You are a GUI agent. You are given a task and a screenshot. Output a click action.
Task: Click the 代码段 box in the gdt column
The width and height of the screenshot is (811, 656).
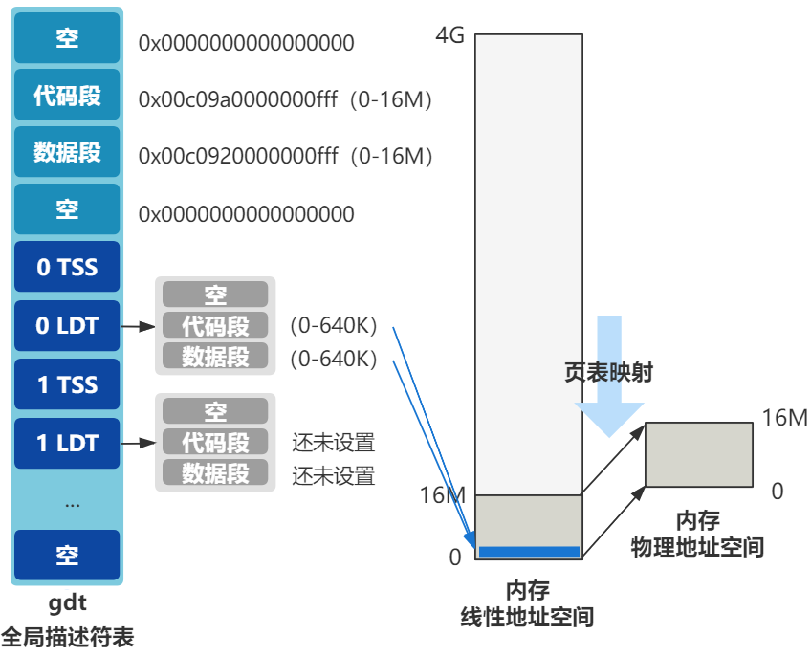pyautogui.click(x=67, y=96)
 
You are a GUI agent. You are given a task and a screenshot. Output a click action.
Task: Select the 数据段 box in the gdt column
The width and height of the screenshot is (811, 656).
pyautogui.click(x=67, y=152)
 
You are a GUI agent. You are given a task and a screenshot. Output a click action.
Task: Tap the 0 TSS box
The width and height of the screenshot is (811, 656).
pyautogui.click(x=67, y=268)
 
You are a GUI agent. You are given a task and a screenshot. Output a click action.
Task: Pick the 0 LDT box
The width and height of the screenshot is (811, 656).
pyautogui.click(x=67, y=326)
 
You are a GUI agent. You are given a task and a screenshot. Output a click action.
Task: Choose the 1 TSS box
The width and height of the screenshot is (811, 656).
pyautogui.click(x=67, y=384)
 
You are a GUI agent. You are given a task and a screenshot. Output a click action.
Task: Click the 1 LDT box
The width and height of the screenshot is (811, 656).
pyautogui.click(x=67, y=443)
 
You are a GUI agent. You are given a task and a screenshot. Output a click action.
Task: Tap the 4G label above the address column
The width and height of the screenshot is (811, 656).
pyautogui.click(x=449, y=36)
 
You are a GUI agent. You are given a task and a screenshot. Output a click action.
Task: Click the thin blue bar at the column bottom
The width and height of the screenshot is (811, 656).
pyautogui.click(x=529, y=551)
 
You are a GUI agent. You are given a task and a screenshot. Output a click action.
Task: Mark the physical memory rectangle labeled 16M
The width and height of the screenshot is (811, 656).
pyautogui.click(x=699, y=454)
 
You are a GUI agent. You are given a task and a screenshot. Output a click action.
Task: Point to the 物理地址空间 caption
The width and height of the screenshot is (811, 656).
pyautogui.click(x=697, y=548)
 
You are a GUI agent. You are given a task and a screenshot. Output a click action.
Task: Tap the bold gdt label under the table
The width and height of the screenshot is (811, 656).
pyautogui.click(x=67, y=603)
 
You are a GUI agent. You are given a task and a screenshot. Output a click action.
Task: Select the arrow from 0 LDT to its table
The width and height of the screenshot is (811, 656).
pyautogui.click(x=139, y=326)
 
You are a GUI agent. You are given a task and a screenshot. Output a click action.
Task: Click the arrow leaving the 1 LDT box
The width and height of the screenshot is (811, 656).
pyautogui.click(x=139, y=443)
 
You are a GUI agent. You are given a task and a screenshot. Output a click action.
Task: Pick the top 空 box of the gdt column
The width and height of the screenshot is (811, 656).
pyautogui.click(x=67, y=39)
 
